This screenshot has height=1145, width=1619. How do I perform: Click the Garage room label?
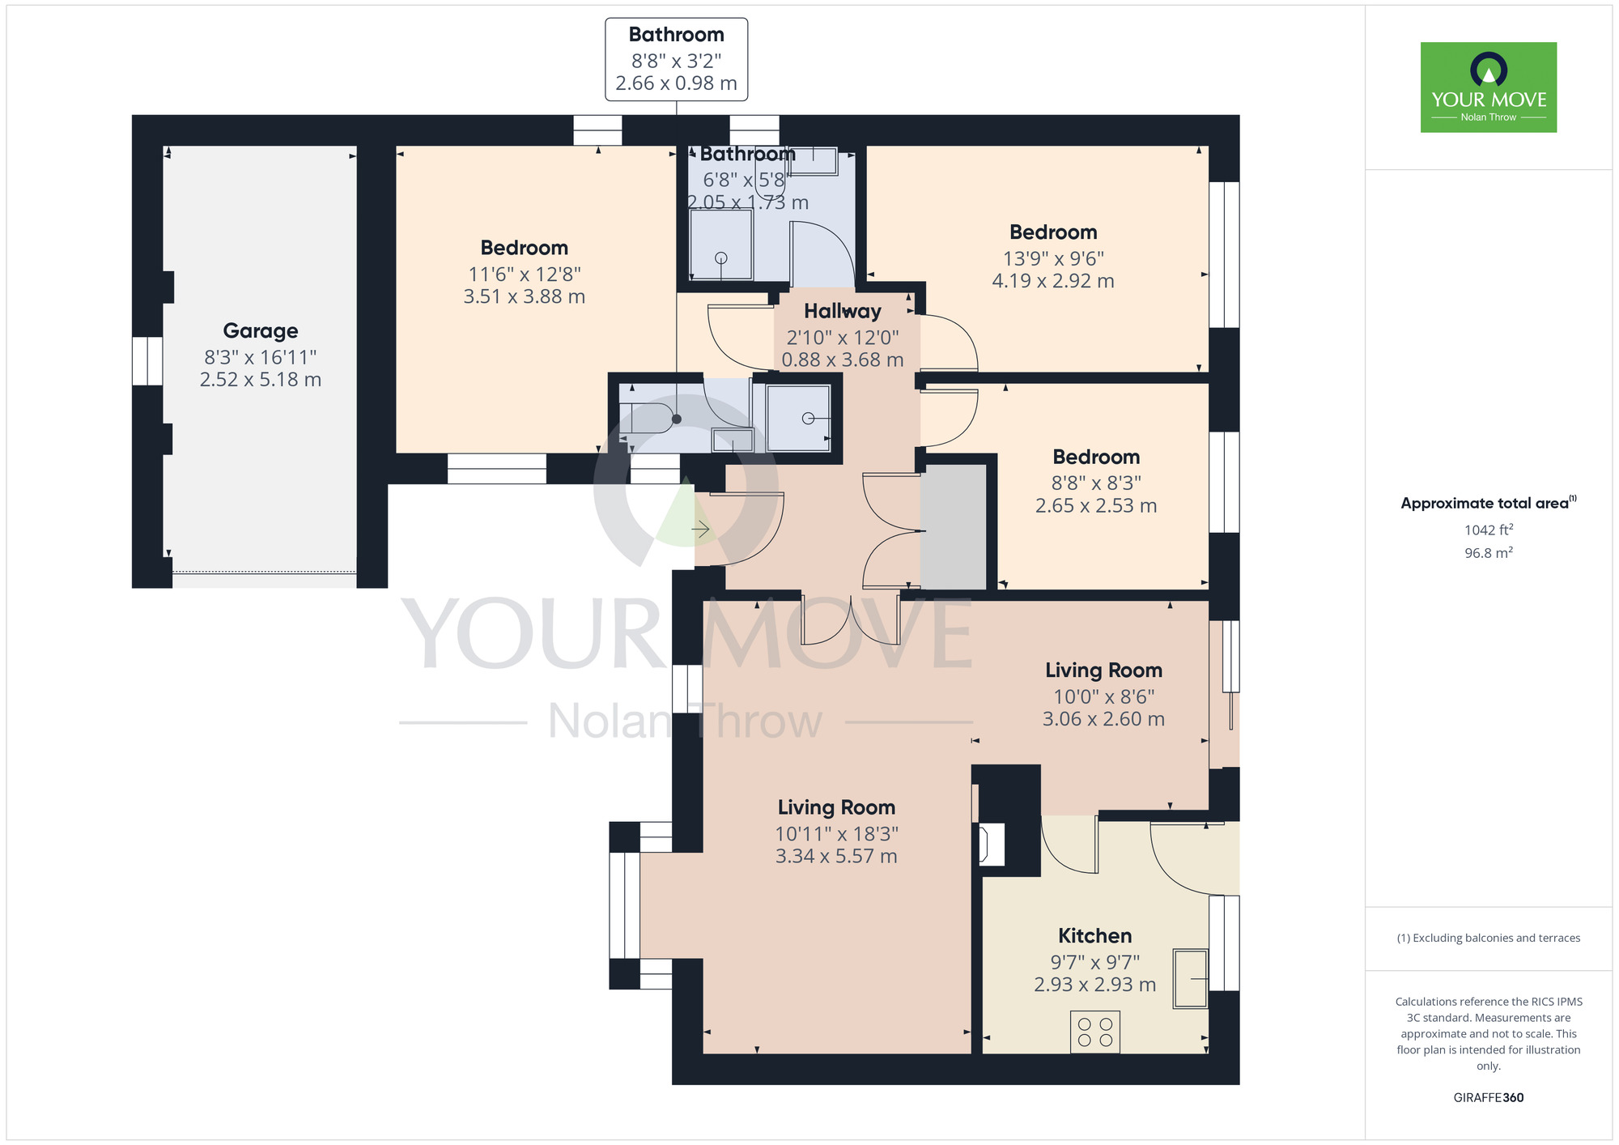[261, 330]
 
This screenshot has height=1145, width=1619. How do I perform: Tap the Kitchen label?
[1094, 935]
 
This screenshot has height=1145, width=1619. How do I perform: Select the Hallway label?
[842, 311]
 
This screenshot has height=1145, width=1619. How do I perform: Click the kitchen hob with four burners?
[1095, 1032]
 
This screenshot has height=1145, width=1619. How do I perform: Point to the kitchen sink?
[1190, 979]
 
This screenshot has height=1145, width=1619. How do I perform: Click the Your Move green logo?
[1488, 87]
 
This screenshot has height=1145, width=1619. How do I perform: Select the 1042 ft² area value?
[1488, 530]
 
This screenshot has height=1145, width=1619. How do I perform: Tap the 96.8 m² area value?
[1488, 553]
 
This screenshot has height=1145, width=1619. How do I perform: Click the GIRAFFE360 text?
[1488, 1098]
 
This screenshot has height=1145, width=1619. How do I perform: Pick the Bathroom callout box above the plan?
[676, 59]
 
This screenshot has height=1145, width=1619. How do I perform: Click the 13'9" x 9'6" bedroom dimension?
[1053, 258]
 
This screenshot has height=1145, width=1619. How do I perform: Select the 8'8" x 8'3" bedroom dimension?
[1096, 483]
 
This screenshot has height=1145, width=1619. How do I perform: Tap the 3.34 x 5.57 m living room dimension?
[836, 856]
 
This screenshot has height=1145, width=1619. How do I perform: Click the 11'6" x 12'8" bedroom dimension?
[525, 274]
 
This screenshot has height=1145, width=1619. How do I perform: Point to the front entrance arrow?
[701, 530]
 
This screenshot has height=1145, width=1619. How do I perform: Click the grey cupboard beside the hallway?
[954, 526]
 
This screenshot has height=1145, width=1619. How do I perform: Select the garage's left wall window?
[147, 360]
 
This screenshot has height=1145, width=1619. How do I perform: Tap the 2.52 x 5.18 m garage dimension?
[261, 379]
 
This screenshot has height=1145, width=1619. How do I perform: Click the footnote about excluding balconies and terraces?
[1488, 938]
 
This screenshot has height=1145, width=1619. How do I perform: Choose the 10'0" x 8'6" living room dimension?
[1103, 696]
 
